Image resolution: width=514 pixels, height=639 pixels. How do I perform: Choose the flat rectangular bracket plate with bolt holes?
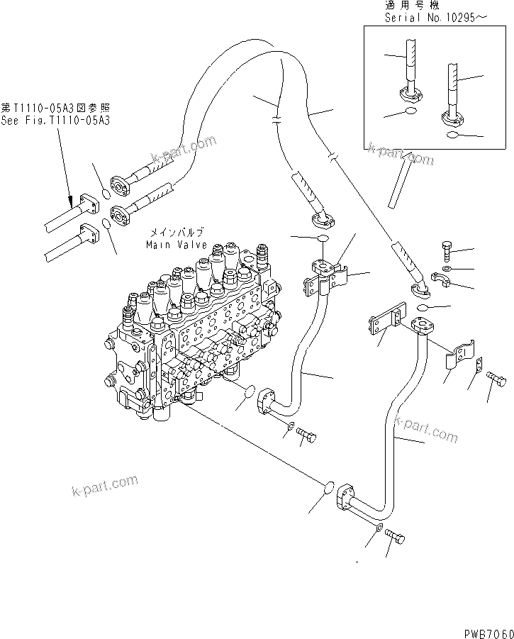point(386,318)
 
